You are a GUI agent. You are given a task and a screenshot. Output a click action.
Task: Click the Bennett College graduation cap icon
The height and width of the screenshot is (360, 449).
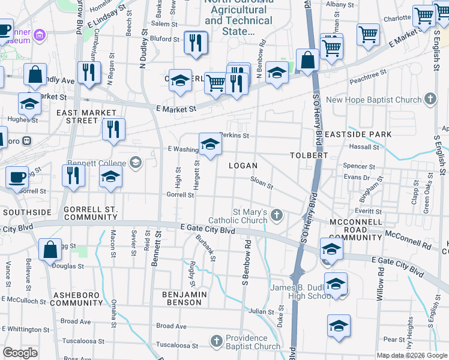[136, 162]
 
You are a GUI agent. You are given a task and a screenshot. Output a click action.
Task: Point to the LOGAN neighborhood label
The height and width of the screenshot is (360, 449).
[243, 166]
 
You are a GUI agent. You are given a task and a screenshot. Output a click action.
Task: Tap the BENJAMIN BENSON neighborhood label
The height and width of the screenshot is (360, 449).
[184, 298]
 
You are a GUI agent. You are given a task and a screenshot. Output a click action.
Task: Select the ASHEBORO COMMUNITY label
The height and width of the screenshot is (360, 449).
[77, 298]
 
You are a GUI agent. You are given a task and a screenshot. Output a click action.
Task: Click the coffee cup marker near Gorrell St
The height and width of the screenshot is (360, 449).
[17, 177]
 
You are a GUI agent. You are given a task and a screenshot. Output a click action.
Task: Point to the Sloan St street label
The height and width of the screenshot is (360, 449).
[262, 181]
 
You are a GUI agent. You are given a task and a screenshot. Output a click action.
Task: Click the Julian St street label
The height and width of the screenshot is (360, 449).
[261, 311]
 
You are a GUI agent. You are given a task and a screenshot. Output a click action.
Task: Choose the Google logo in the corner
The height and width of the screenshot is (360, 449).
[20, 353]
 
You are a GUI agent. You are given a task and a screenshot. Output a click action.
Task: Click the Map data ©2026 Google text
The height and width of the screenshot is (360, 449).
[412, 355]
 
